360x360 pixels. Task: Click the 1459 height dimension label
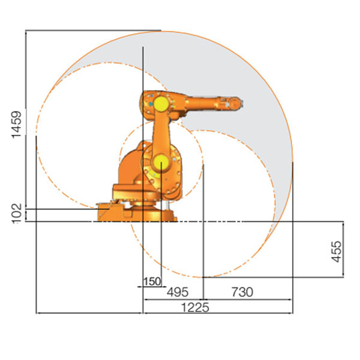(17, 125)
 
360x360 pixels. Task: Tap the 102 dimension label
(17, 213)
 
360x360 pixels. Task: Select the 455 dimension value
(336, 251)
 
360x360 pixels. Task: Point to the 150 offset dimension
(152, 281)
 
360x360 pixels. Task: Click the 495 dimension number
(178, 292)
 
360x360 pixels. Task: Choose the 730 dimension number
(242, 292)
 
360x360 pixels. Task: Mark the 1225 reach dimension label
(195, 308)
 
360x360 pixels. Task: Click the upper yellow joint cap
(161, 104)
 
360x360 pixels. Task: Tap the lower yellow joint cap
(161, 163)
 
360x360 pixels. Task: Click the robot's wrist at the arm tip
(236, 103)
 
